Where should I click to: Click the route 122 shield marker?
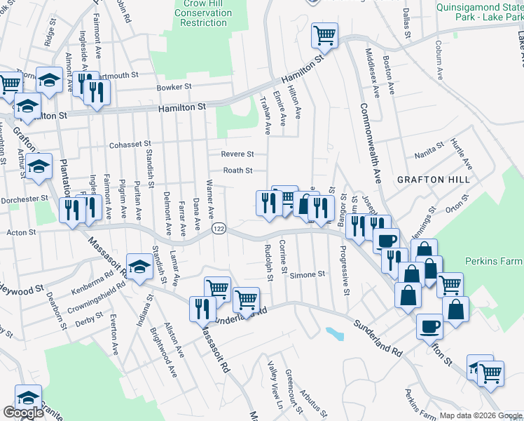(219, 229)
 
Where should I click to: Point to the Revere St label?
(237, 154)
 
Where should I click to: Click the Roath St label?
(237, 170)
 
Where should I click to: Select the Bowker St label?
(174, 87)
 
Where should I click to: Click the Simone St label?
(308, 274)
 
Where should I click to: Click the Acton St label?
(21, 232)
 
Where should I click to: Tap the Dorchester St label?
(24, 199)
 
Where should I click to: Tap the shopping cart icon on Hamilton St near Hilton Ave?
(324, 34)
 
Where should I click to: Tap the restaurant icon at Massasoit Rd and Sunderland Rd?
(202, 307)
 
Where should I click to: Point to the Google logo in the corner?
(23, 413)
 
